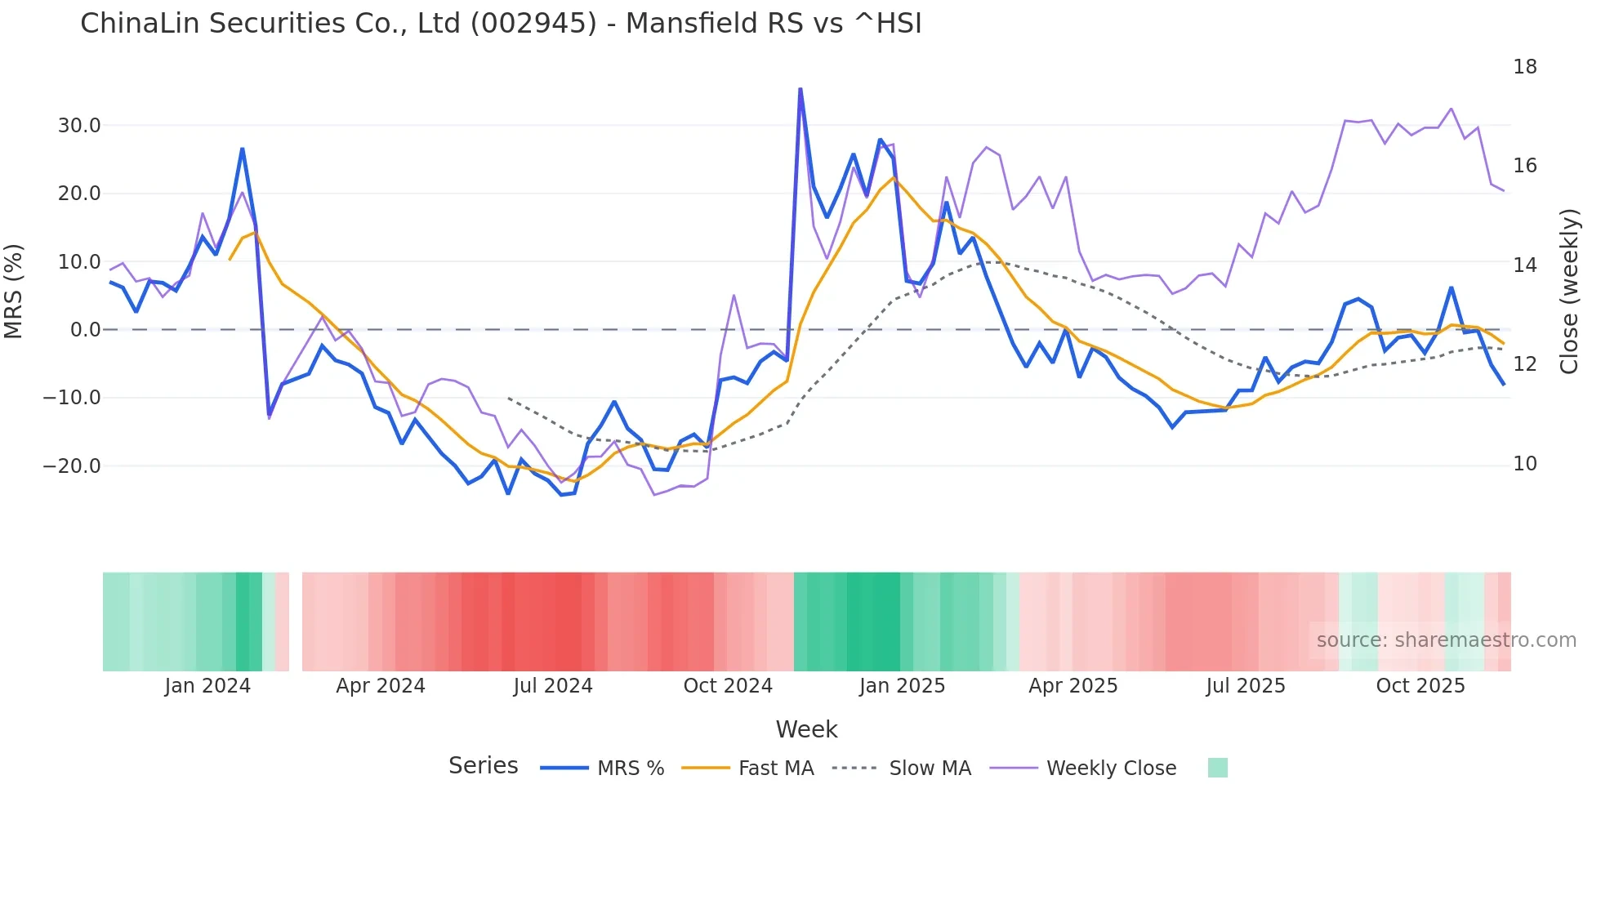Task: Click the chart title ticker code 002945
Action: point(534,24)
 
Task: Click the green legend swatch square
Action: point(1217,768)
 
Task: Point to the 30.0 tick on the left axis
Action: point(79,126)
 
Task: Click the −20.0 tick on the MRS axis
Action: point(72,466)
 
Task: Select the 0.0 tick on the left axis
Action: point(85,330)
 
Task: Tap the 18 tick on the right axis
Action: point(1524,67)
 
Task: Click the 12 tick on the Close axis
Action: point(1524,364)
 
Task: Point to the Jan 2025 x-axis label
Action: point(902,686)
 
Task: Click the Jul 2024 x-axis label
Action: point(553,686)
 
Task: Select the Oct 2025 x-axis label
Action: point(1420,686)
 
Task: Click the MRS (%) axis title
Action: point(14,292)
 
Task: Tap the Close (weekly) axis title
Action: point(1568,292)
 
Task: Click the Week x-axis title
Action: point(806,729)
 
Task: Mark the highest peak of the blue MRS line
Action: point(800,89)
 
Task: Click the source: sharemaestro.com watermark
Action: point(1446,640)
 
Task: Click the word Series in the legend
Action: point(483,766)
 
